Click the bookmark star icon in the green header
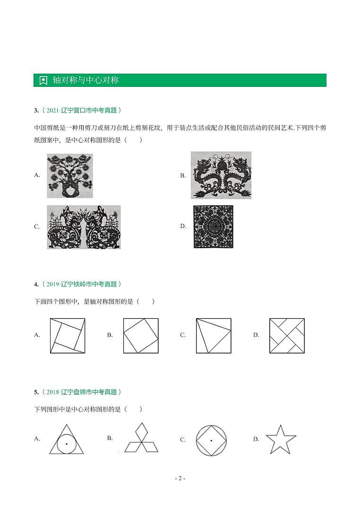[43, 80]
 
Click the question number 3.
[36, 110]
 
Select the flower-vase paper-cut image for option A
[70, 175]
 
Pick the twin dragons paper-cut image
[221, 175]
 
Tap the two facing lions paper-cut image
[84, 227]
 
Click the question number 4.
[36, 284]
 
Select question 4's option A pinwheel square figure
[68, 336]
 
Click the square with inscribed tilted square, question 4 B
[141, 336]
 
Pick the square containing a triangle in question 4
[214, 336]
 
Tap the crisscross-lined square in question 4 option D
[287, 336]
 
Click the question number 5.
[36, 392]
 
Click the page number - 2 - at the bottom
[180, 478]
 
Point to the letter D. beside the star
[256, 439]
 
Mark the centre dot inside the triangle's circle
[67, 444]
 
